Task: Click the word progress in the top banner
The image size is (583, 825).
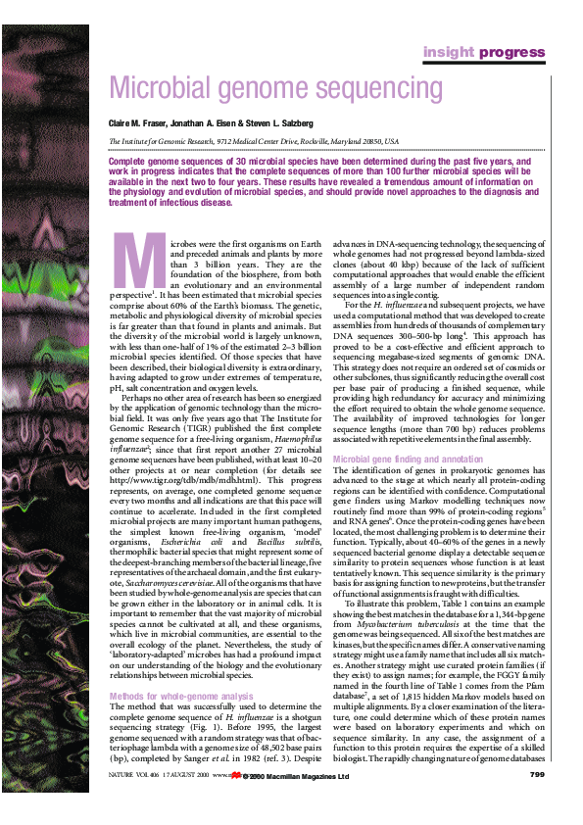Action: point(510,52)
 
